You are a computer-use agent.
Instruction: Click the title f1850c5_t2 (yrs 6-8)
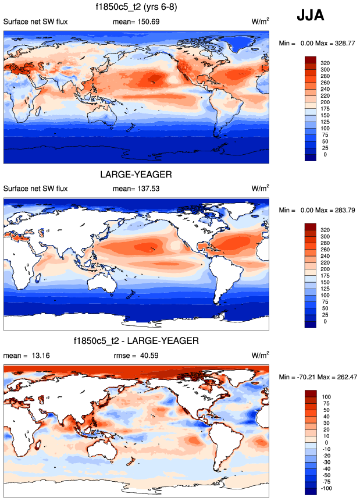click(x=136, y=8)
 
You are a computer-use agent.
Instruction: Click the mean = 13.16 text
click(x=23, y=355)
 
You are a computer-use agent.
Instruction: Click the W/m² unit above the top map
click(x=261, y=22)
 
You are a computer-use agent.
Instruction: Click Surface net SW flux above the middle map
click(x=36, y=189)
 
